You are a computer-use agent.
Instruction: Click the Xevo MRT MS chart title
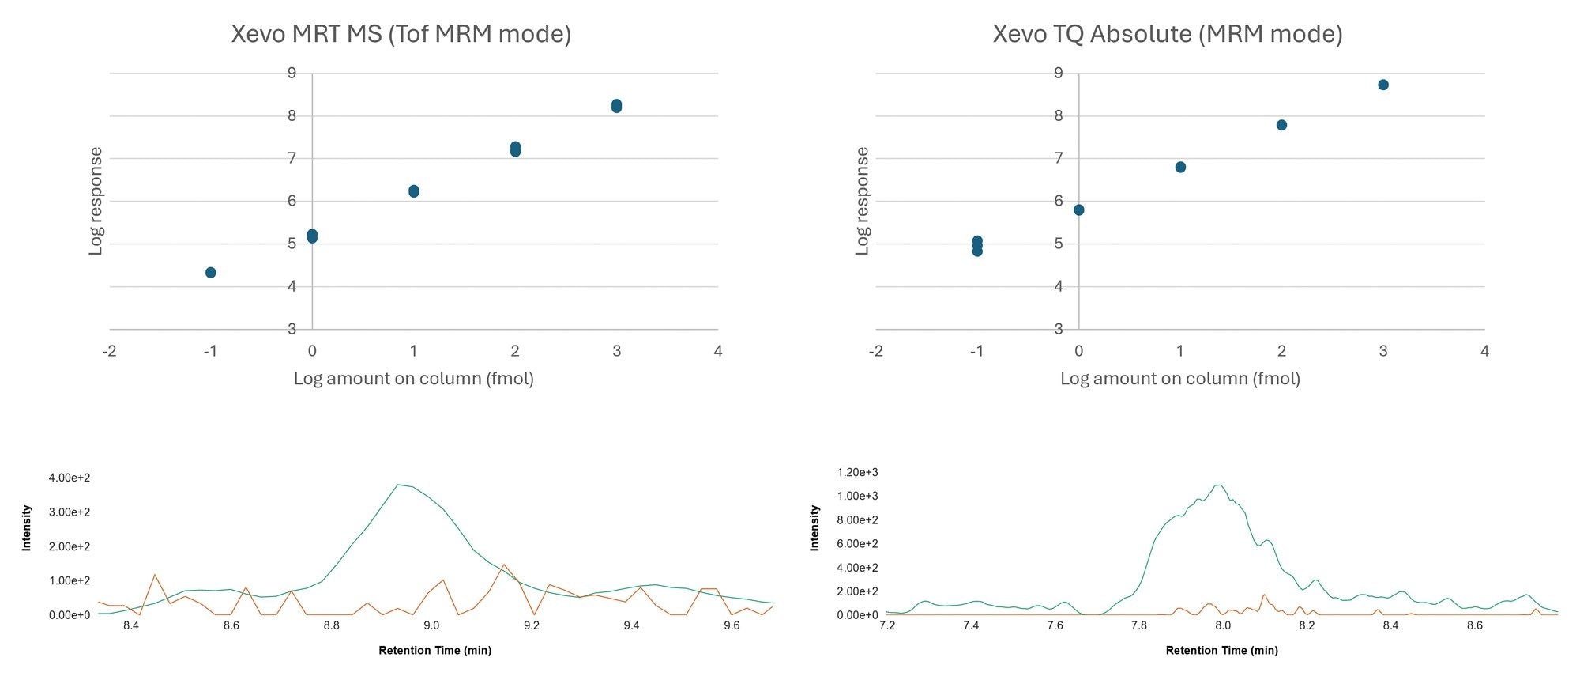(401, 34)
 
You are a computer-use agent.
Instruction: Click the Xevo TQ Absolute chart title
(1167, 34)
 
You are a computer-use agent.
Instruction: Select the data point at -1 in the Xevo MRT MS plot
(210, 273)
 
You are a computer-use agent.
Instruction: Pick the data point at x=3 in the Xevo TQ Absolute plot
(1383, 85)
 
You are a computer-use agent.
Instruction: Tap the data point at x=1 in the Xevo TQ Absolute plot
(1180, 167)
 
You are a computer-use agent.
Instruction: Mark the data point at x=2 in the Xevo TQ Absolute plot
(1281, 125)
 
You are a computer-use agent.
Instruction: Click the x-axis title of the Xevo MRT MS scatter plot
(413, 379)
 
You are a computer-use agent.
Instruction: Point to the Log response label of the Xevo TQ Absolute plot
(862, 201)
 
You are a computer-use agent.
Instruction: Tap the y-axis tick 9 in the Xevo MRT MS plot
(292, 74)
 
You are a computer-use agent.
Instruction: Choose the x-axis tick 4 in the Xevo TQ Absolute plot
(1484, 351)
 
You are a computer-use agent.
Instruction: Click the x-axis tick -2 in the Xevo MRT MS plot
(109, 351)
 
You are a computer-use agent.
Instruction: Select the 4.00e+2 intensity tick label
(70, 478)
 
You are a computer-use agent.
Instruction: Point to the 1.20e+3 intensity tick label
(857, 473)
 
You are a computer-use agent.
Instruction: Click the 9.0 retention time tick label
(431, 625)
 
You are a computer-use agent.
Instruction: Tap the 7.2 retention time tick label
(887, 625)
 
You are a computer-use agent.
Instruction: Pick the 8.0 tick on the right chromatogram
(1223, 625)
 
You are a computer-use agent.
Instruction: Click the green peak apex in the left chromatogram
(400, 485)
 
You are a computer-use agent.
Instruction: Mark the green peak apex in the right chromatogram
(1219, 485)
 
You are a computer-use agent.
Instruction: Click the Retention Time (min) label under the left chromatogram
(434, 651)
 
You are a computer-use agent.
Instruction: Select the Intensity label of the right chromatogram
(814, 528)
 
